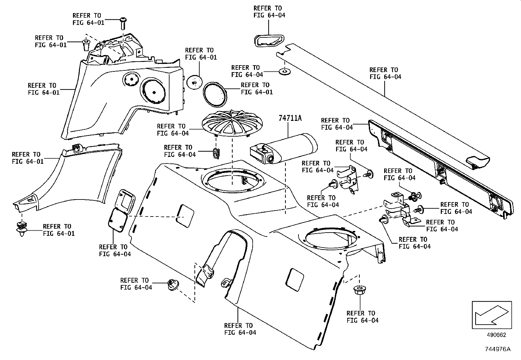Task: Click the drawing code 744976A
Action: pyautogui.click(x=498, y=349)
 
